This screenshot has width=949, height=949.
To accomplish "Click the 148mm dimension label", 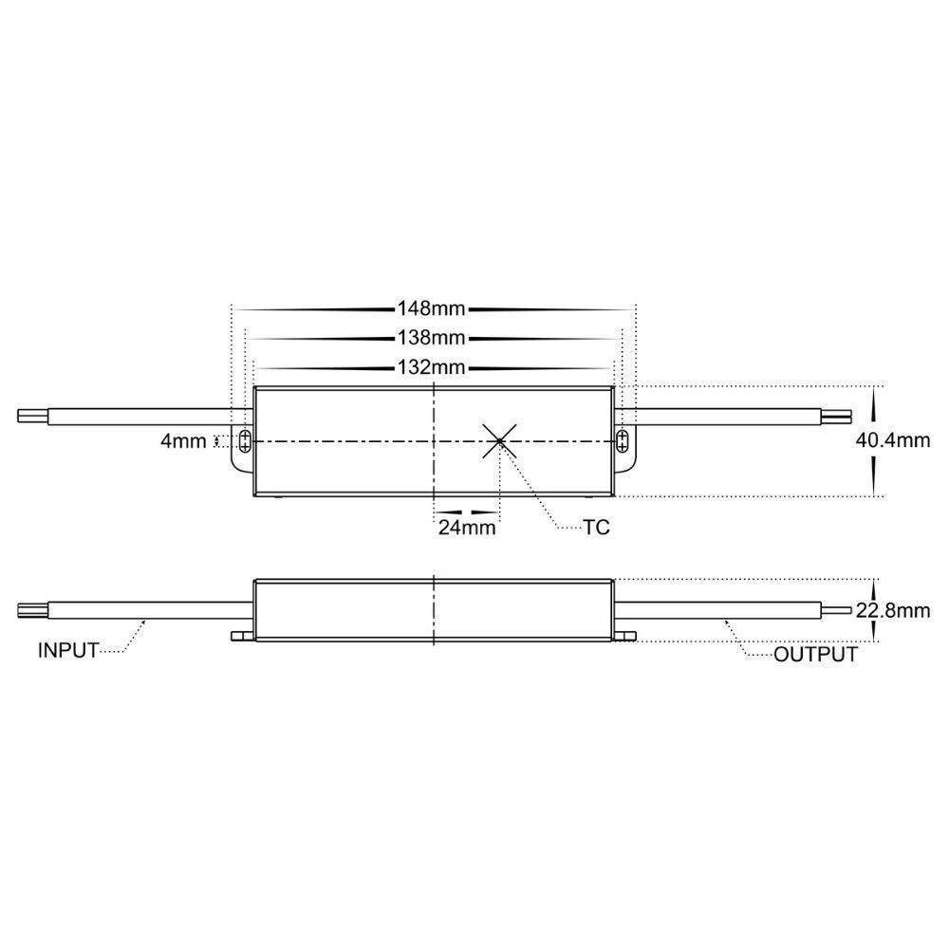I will point(433,309).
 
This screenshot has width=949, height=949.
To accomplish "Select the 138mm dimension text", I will point(433,338).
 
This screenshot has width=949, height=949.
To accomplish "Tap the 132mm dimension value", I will point(433,367).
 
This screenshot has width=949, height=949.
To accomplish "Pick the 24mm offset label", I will point(466,529).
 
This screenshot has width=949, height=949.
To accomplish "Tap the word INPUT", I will point(68,651).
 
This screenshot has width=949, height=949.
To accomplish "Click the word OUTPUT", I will point(815,655).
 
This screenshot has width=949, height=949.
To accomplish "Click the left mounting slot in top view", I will point(245,439).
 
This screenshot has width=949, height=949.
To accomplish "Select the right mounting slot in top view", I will point(622,439).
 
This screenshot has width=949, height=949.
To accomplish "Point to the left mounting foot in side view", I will point(241,636).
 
